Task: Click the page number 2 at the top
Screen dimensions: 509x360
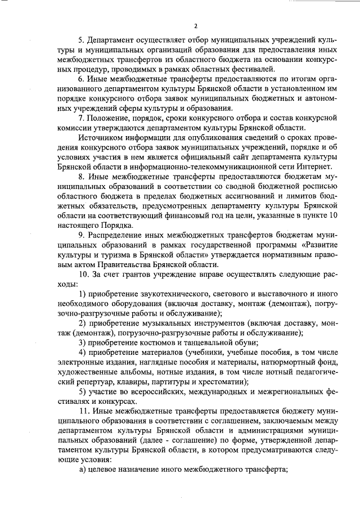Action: coord(196,26)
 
